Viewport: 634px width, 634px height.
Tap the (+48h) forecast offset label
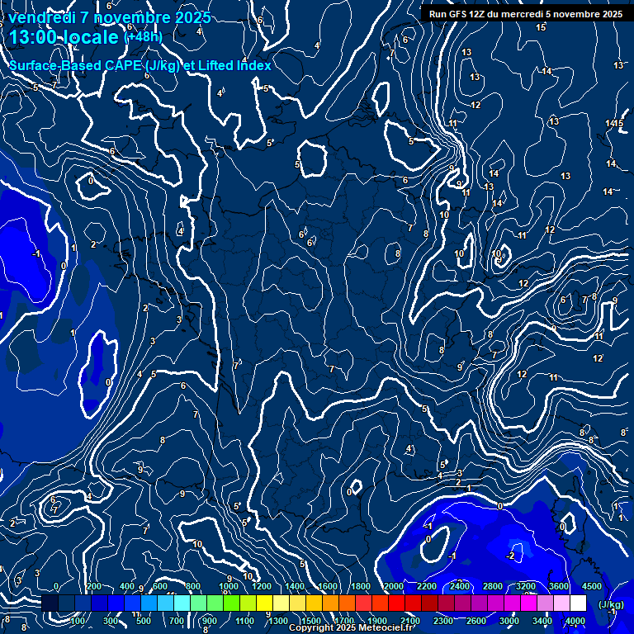click(x=143, y=37)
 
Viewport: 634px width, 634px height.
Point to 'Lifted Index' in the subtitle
click(x=231, y=65)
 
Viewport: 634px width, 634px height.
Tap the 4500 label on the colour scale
click(x=592, y=586)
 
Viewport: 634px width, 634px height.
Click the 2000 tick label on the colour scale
click(x=394, y=586)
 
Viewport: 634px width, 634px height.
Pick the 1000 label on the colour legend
click(x=229, y=586)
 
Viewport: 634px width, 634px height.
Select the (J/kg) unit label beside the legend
click(x=610, y=604)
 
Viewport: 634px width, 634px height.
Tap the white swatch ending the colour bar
click(x=578, y=603)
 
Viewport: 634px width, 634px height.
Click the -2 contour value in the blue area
click(x=511, y=556)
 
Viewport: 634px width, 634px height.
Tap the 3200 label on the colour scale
click(x=526, y=586)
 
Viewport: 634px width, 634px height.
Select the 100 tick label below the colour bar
click(x=80, y=621)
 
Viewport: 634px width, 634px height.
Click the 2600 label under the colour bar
click(x=476, y=621)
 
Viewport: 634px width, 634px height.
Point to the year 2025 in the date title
click(x=192, y=17)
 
